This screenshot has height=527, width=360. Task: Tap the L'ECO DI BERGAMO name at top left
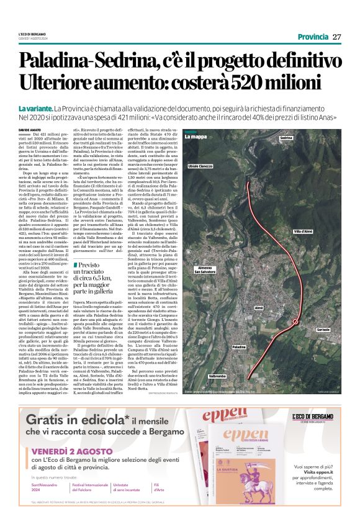[x=32, y=33]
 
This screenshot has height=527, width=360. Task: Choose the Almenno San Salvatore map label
[x=207, y=270]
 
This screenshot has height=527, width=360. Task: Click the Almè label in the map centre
[x=259, y=307]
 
